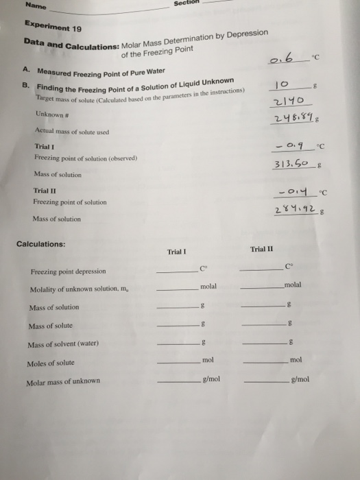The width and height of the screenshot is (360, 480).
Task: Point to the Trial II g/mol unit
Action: click(300, 378)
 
